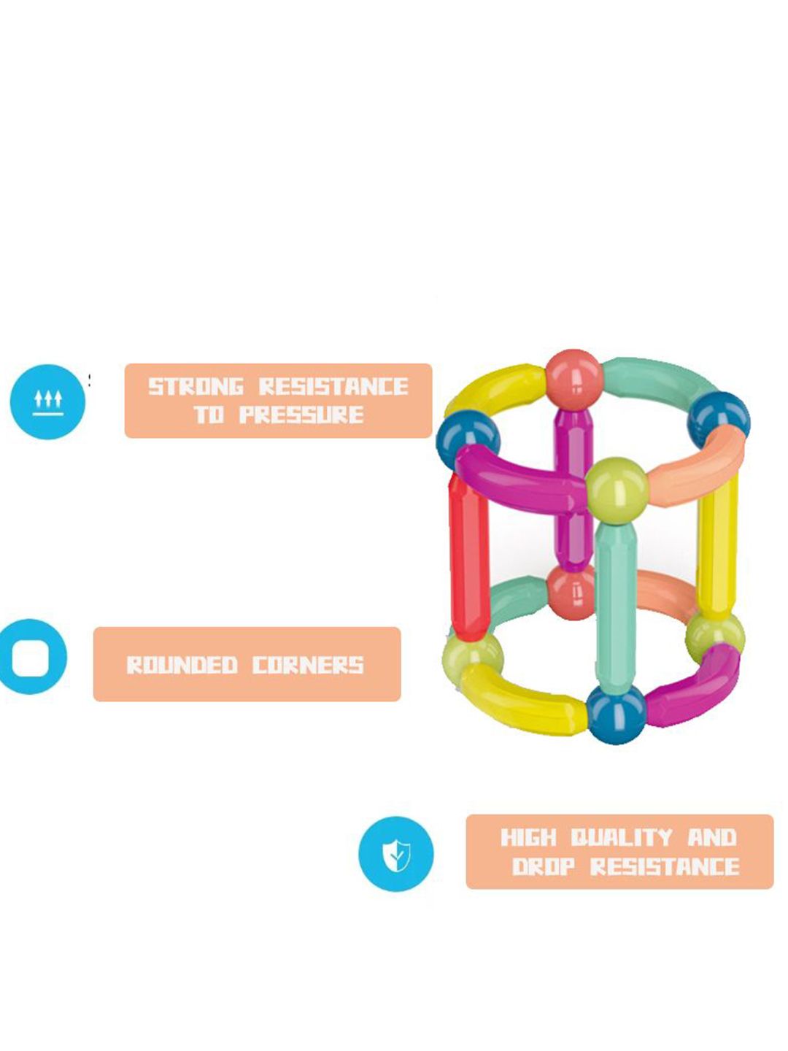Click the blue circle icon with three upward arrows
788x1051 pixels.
(x=47, y=401)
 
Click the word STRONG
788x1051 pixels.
(x=196, y=386)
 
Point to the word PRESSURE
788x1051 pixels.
(x=301, y=415)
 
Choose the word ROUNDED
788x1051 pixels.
(x=182, y=665)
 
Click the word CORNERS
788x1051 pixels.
(x=309, y=665)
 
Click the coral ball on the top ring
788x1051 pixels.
(x=574, y=379)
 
